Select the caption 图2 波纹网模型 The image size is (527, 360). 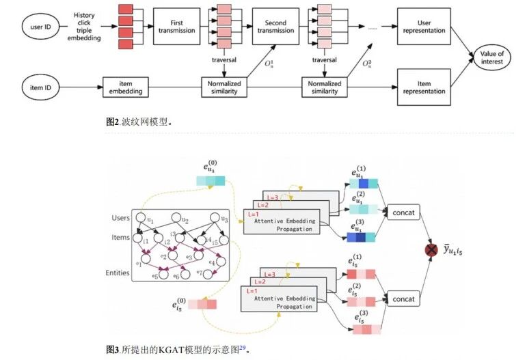pos(139,122)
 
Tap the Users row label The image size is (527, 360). pos(121,218)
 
